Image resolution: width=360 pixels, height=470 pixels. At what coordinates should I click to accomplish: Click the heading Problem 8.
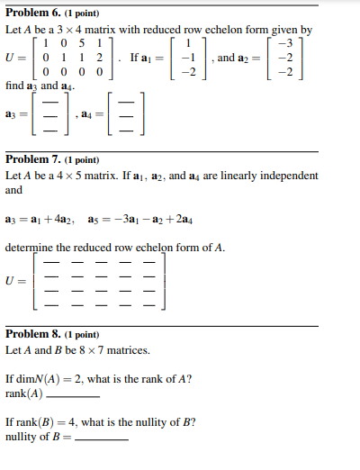pos(32,333)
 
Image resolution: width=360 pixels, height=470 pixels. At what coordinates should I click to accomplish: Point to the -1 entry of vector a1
pos(187,57)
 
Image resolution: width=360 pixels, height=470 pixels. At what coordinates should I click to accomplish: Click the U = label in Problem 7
pos(15,280)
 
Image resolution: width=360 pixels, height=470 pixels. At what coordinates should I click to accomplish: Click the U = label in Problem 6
pos(15,57)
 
